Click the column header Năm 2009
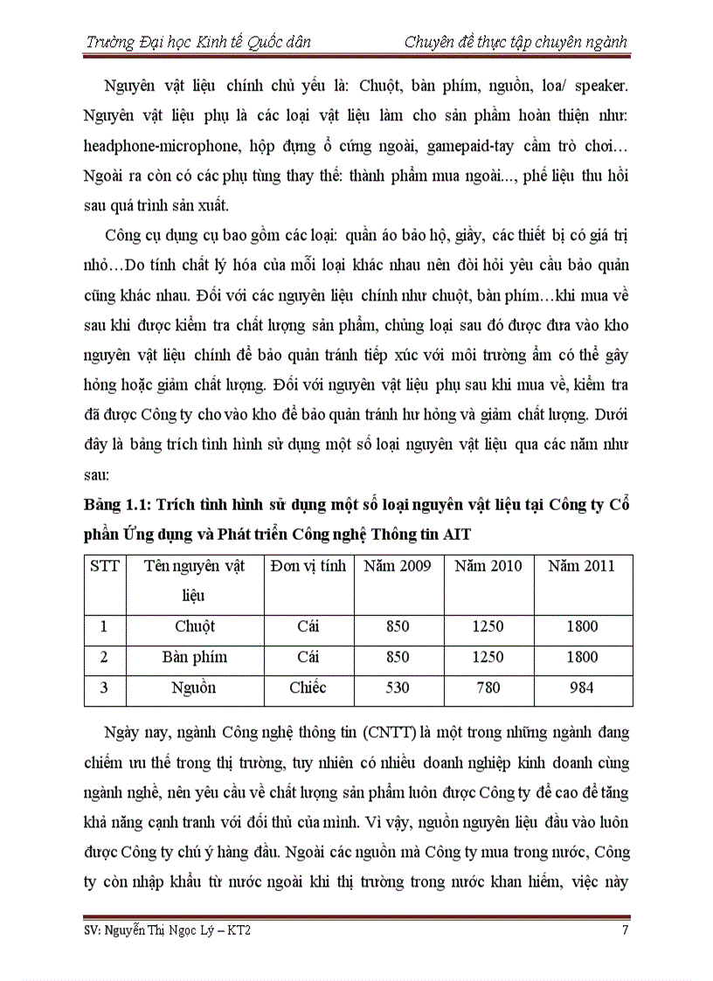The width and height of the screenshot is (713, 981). (398, 566)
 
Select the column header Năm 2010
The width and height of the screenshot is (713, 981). (488, 566)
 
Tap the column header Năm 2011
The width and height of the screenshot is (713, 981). (581, 566)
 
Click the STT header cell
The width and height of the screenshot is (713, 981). (104, 566)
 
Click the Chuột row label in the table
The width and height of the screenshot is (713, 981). (194, 626)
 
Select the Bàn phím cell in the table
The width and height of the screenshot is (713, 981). (194, 657)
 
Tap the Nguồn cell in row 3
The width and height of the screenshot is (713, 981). (194, 687)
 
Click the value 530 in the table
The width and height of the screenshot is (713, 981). (398, 687)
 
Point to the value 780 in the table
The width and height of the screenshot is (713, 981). (488, 687)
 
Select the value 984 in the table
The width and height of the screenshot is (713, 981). (581, 687)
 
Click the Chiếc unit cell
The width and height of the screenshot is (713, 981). (308, 687)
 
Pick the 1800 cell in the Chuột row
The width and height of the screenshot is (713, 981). (582, 626)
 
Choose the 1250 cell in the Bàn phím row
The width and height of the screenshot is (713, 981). (488, 657)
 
